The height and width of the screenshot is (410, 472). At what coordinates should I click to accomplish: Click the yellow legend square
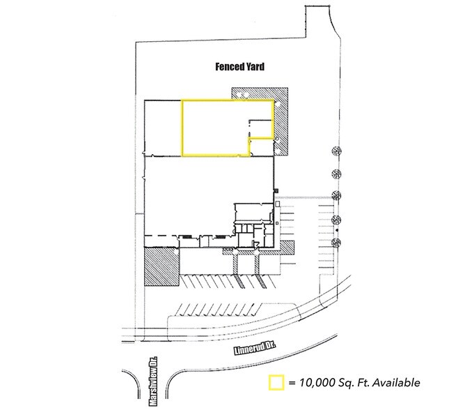coord(276,382)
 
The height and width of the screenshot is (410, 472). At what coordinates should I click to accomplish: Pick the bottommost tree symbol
coord(337,242)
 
